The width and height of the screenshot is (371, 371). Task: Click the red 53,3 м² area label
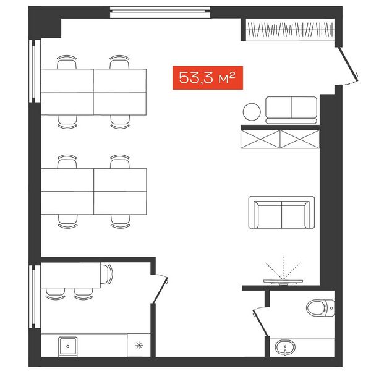pos(208,78)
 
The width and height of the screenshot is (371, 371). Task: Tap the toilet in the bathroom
pos(320,308)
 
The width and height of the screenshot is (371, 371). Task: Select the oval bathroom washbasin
pos(285,348)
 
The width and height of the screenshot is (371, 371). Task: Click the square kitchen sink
pos(67,346)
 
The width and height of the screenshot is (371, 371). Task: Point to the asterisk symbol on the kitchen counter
pos(139,346)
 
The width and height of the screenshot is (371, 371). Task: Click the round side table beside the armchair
pos(252,112)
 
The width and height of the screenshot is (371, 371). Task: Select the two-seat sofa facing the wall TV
pos(281,212)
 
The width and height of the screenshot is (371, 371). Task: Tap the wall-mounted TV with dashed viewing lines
pos(283,281)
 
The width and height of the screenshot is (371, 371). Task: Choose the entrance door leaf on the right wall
pos(347,62)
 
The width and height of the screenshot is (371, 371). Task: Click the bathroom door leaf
pos(260,322)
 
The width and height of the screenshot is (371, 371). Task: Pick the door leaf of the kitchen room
pos(160,291)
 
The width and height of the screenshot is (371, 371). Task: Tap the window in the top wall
pos(160,12)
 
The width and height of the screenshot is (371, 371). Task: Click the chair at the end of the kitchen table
pos(106,274)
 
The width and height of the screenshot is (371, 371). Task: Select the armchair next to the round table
pos(291,110)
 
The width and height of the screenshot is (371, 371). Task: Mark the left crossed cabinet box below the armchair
pos(260,139)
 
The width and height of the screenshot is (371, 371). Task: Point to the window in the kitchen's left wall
pos(35,297)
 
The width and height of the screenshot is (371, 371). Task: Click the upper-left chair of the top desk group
pos(67,62)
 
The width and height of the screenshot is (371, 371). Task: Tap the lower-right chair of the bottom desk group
pos(120,221)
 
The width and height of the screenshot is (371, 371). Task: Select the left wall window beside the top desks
pos(35,71)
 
